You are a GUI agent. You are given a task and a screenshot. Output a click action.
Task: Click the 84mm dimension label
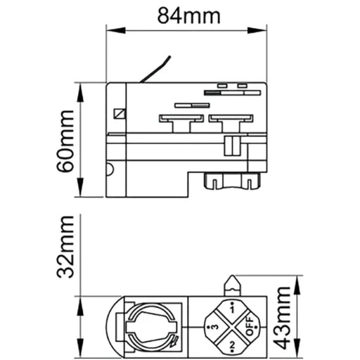click(x=188, y=16)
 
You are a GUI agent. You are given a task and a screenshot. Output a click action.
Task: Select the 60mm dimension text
click(x=65, y=141)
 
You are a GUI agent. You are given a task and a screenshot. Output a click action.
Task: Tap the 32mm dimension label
click(x=65, y=247)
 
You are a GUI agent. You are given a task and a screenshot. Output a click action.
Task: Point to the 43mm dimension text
click(x=282, y=318)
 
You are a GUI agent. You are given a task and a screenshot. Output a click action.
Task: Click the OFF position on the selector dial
click(x=249, y=326)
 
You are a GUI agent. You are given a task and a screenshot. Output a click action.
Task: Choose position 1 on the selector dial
click(x=232, y=309)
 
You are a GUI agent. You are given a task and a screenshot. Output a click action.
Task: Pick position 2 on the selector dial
click(x=232, y=345)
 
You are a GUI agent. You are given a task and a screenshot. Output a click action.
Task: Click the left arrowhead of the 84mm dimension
click(x=116, y=30)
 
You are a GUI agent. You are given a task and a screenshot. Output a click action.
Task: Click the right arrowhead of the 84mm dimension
click(x=257, y=30)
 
